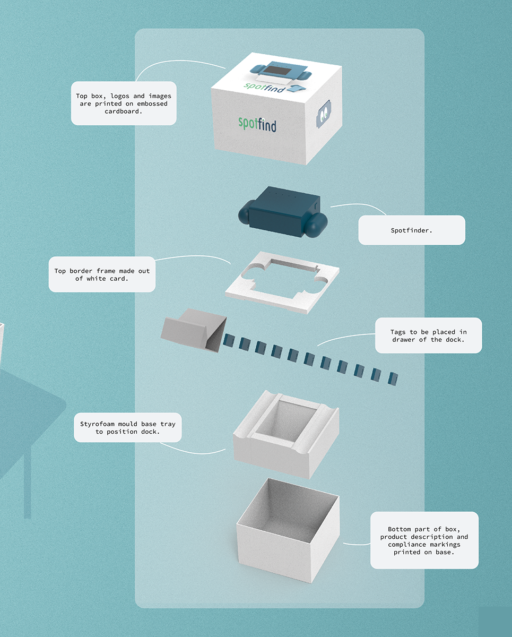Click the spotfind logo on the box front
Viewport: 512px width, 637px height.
point(257,124)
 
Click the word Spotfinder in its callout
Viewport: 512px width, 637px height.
point(411,230)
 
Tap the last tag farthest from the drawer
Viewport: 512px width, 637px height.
point(393,379)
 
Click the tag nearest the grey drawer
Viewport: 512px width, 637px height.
point(229,340)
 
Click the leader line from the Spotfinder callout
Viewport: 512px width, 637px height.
point(361,206)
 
